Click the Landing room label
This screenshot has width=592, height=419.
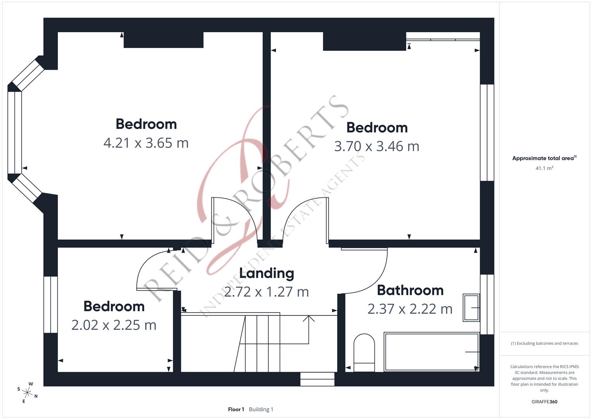pos(266,273)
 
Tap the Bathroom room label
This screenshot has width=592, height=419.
pos(410,290)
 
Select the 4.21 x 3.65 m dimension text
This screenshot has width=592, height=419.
pos(146,143)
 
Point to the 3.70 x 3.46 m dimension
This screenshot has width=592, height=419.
pos(376,146)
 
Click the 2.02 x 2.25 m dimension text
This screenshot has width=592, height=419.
pos(114,325)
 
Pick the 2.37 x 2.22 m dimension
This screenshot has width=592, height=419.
pos(410,309)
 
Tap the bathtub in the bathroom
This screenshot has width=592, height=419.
pos(431,352)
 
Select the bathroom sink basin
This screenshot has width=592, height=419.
pos(471,308)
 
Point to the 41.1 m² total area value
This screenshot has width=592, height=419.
pos(544,168)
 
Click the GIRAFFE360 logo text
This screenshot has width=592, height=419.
pos(544,402)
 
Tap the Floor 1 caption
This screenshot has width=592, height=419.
pos(236,409)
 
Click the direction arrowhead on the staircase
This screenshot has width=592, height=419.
pos(309,319)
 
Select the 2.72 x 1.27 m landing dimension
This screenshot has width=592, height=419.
pos(266,292)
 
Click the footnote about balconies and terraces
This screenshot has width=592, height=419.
pos(544,343)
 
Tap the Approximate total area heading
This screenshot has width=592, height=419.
pos(544,158)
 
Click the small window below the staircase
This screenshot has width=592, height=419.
pos(317,379)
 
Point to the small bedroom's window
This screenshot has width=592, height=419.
pos(50,305)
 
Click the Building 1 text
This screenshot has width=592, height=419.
pos(261,409)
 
